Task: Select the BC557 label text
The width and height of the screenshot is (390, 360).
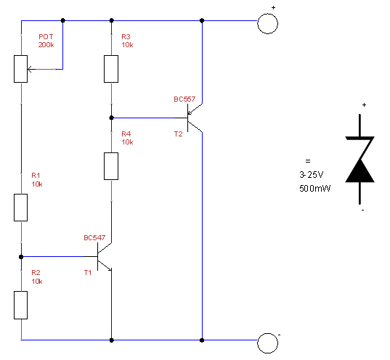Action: point(184,99)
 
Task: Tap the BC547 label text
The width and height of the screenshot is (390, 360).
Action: point(94,238)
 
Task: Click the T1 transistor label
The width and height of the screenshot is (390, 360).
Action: point(88,273)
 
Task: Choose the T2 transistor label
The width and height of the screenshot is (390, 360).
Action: point(179,134)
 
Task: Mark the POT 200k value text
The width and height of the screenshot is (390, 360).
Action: point(46,45)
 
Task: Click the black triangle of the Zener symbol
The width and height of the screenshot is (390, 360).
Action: point(359,171)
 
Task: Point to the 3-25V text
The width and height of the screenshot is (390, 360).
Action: point(312,175)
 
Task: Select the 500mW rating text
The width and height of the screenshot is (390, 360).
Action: point(315,189)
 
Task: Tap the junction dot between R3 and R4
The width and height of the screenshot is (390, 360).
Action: point(111,118)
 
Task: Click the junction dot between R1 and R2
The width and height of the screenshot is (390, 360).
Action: point(21,257)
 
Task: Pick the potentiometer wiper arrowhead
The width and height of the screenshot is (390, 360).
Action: point(30,69)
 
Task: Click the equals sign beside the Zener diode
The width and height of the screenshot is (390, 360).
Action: point(308,161)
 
